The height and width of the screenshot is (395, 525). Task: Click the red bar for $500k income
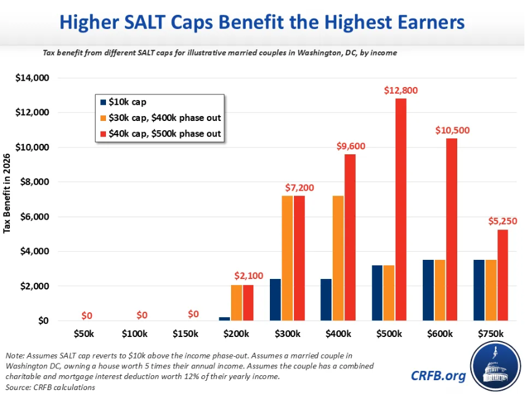401,210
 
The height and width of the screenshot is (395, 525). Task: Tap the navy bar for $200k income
225,318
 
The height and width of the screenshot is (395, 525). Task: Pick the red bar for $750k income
502,275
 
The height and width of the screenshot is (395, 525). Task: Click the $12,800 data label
401,90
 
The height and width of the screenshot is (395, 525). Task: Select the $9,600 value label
350,146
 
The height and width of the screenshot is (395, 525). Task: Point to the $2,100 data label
248,275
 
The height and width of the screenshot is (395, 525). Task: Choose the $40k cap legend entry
163,133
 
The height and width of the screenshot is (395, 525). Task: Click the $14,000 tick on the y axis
31,78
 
